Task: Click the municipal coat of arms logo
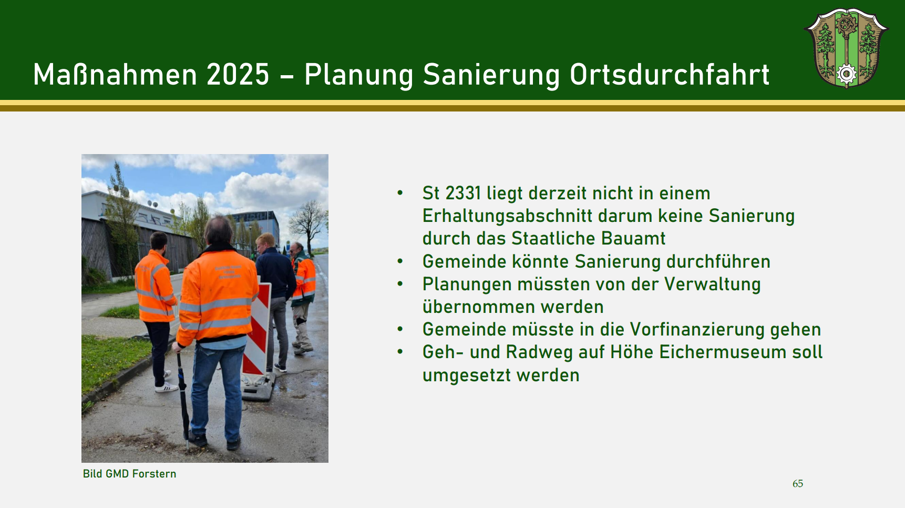pos(846,48)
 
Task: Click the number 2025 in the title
pos(238,74)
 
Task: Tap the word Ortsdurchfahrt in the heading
pos(670,74)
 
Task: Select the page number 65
pos(798,483)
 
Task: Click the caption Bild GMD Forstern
pos(129,474)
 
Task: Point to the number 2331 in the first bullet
pos(463,193)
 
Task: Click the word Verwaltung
pos(712,285)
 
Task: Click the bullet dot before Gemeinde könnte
pos(400,261)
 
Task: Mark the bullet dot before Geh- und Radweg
pos(400,352)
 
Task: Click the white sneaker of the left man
pos(166,389)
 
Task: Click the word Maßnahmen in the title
pos(114,74)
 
